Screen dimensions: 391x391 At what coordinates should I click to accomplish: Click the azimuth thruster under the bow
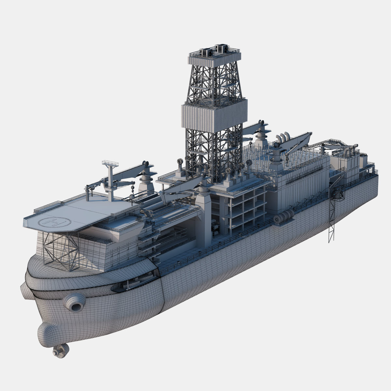click(x=60, y=351)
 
